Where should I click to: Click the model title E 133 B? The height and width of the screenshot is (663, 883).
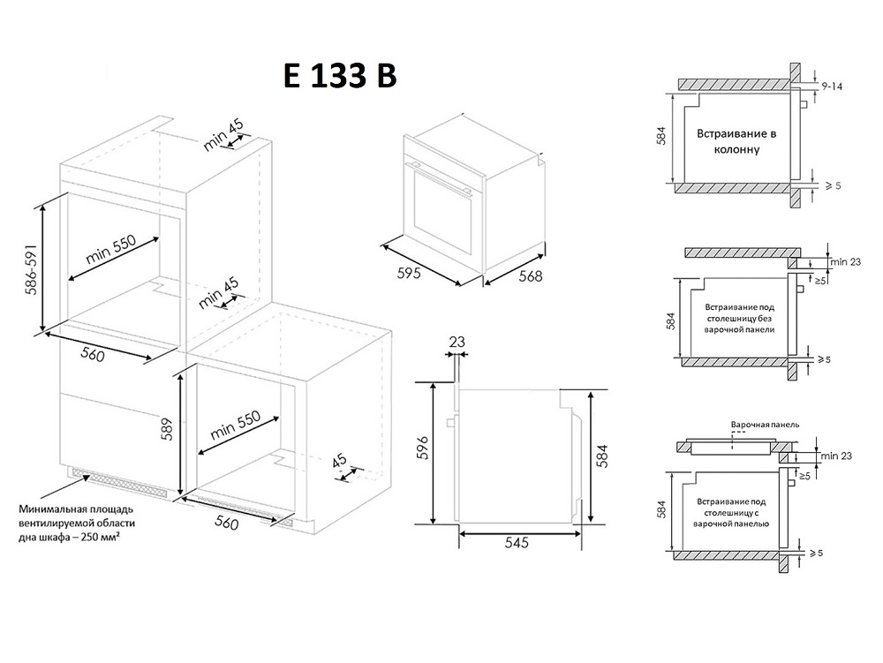[340, 75]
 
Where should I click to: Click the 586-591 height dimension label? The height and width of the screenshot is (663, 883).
[31, 269]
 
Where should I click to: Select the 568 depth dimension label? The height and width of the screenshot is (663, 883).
[530, 276]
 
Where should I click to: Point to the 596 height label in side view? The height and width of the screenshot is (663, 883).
[424, 448]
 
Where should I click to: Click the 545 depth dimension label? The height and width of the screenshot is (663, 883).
[517, 543]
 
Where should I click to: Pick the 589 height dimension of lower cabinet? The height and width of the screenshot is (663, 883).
[167, 429]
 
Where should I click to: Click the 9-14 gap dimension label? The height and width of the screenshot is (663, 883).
[832, 87]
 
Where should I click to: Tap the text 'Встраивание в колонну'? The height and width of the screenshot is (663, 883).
[736, 141]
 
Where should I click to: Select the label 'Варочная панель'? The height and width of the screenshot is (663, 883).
[765, 425]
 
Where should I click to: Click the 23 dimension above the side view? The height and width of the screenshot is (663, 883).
[457, 342]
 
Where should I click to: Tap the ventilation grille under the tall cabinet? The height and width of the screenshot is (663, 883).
[119, 482]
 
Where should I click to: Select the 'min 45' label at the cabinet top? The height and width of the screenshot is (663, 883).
[223, 135]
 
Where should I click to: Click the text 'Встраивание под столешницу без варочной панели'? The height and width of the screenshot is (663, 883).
[739, 319]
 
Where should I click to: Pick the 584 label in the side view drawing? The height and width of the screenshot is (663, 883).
[602, 456]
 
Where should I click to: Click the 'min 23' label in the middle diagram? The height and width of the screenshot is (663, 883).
[845, 261]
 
